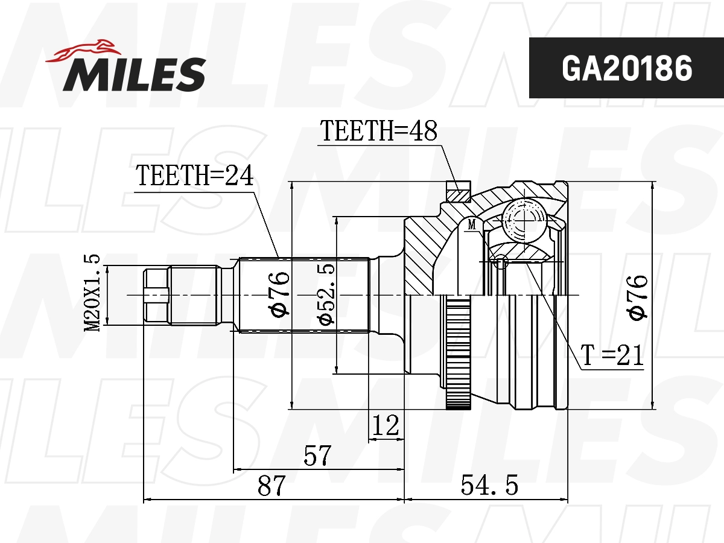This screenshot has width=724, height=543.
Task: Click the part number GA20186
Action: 626,69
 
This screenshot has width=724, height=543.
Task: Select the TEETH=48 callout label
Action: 378,131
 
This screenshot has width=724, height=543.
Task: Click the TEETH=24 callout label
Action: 194,176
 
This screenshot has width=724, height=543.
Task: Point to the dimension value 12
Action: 386,426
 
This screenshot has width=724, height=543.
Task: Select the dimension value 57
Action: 317,456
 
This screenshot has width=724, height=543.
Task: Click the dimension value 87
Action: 270,486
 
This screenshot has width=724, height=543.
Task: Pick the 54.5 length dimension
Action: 489,486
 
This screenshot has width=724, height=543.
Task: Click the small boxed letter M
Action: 472,225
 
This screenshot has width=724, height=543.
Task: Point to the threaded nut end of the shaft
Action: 156,295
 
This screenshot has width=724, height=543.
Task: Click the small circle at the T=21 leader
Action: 500,262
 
